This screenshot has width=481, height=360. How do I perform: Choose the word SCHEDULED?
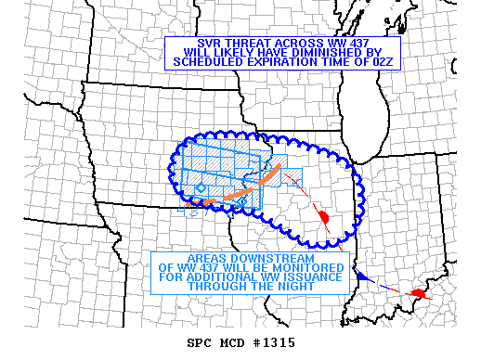pos(204,62)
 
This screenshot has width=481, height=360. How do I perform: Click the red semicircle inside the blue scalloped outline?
pos(324,217)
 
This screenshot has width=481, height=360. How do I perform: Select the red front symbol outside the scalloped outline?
pos(420,293)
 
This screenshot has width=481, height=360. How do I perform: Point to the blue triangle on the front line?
pos(364,277)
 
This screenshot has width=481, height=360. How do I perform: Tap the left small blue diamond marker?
pos(201,188)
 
